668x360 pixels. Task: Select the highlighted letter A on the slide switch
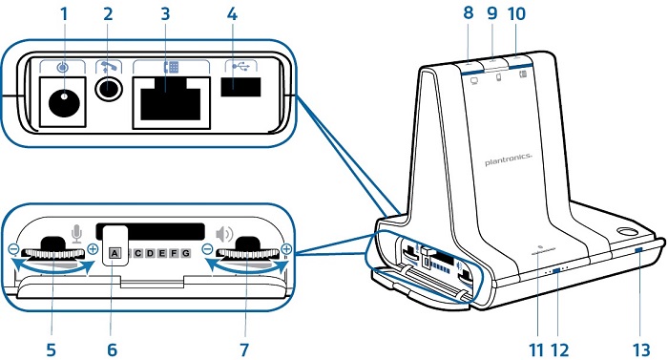[115, 253]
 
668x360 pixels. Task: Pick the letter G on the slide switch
[186, 253]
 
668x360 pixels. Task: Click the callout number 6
[112, 349]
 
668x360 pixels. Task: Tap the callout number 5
[51, 349]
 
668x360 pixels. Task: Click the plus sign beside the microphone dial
[93, 249]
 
